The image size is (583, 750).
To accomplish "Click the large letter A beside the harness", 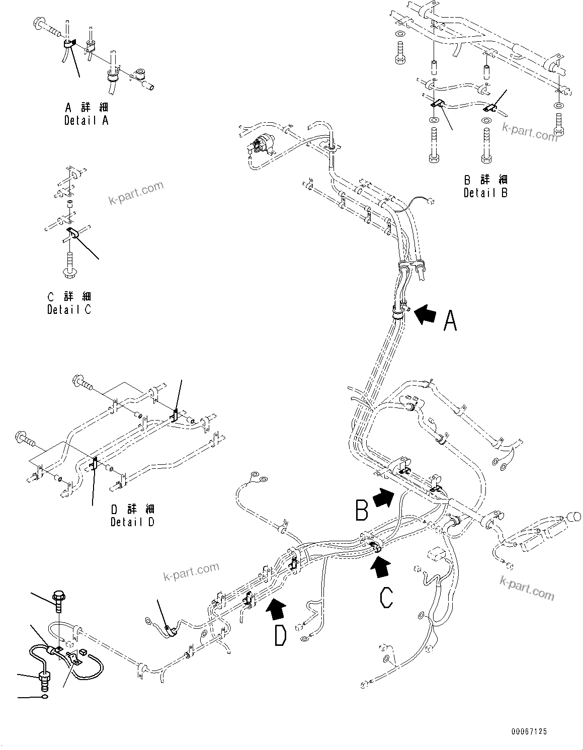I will pyautogui.click(x=450, y=320).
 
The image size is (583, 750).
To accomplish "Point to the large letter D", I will pyautogui.click(x=280, y=635).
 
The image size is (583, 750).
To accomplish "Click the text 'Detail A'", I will pyautogui.click(x=86, y=120).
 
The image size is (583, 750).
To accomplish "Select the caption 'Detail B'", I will pyautogui.click(x=485, y=192).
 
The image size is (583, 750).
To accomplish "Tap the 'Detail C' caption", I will pyautogui.click(x=69, y=309).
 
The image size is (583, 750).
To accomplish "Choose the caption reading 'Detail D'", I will pyautogui.click(x=132, y=522).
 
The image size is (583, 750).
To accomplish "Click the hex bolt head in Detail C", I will pyautogui.click(x=69, y=272).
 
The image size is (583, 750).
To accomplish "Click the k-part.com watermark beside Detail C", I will pyautogui.click(x=136, y=193).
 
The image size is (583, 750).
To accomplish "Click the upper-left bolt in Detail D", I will pyautogui.click(x=79, y=382).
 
